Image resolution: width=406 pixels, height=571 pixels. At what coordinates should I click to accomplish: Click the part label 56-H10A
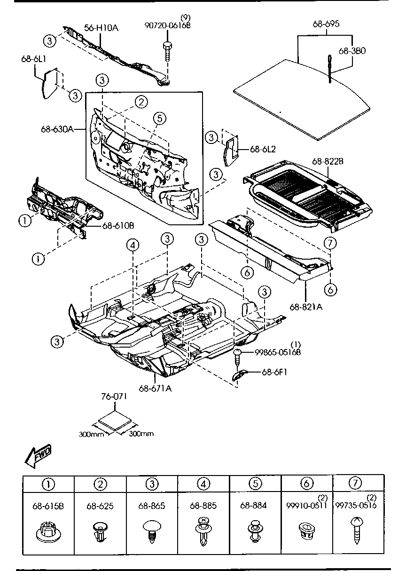[101, 28]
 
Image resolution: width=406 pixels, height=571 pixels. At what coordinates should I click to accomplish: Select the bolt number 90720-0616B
[167, 25]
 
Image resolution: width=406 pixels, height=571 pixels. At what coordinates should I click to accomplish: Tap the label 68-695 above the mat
[326, 24]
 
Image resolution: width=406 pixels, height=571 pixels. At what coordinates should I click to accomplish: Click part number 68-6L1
[33, 59]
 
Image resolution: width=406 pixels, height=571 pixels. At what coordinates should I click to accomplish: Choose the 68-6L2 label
[263, 150]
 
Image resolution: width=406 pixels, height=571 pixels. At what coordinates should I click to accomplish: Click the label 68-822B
[328, 161]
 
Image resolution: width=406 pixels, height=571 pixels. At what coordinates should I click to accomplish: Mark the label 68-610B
[118, 225]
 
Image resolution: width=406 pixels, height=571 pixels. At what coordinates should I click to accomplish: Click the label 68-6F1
[275, 372]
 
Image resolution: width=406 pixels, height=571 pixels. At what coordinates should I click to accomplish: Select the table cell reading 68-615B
[48, 506]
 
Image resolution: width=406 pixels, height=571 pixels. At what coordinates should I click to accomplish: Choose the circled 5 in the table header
[254, 483]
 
